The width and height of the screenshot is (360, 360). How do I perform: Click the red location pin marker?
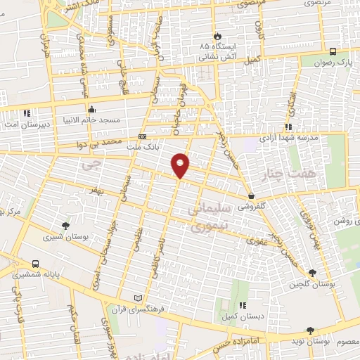(181, 165)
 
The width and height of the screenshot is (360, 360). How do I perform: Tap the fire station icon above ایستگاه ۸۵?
(217, 36)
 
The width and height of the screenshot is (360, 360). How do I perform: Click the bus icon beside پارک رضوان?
(333, 51)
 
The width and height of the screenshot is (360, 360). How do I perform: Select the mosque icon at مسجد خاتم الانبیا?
(92, 109)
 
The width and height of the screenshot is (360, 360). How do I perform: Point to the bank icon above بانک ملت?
(143, 136)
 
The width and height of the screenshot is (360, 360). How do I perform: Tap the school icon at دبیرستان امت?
(27, 112)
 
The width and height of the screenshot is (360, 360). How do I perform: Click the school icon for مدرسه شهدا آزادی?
(288, 127)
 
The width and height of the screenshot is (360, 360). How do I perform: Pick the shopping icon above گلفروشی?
(251, 196)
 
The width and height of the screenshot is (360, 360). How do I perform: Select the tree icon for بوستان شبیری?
(65, 225)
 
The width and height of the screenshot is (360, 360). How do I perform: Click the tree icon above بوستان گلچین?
(312, 273)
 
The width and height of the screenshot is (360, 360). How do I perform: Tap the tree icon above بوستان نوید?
(309, 330)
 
